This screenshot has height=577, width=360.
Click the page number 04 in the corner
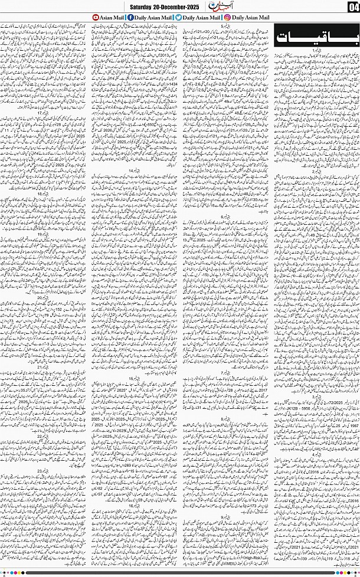tap(352, 6)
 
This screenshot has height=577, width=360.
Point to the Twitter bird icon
tap(178, 18)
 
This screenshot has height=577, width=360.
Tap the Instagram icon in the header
tap(227, 18)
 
